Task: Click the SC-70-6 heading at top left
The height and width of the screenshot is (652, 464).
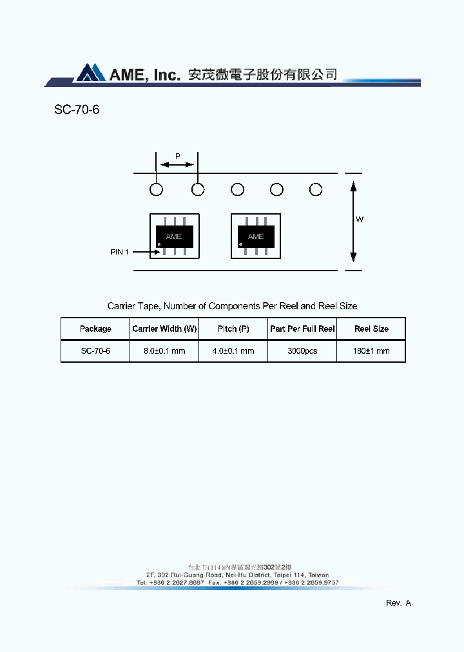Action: click(x=77, y=110)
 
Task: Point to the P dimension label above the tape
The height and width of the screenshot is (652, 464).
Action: click(x=178, y=157)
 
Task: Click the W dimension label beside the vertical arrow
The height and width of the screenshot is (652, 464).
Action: click(x=360, y=220)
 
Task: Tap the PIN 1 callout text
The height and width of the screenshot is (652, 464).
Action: click(x=119, y=252)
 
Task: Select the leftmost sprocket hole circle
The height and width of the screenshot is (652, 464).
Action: click(x=156, y=189)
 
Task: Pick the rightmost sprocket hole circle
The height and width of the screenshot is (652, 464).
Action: click(x=316, y=189)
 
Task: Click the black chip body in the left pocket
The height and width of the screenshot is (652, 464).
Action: click(x=173, y=236)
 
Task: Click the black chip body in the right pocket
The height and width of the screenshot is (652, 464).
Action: click(x=255, y=236)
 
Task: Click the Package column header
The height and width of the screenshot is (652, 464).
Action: click(x=95, y=329)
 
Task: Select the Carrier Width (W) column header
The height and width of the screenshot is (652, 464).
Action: click(x=164, y=329)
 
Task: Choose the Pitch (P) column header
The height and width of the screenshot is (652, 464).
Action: click(x=233, y=329)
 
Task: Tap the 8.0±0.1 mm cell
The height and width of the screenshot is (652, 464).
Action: click(x=164, y=351)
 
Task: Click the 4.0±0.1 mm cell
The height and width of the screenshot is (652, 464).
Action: click(x=233, y=351)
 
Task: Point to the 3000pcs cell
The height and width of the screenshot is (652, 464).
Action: click(x=302, y=351)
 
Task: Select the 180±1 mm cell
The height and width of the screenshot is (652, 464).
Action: click(x=372, y=351)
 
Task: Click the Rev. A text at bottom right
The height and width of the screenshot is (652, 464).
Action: click(x=398, y=603)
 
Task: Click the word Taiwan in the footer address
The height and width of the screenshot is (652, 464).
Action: click(x=318, y=575)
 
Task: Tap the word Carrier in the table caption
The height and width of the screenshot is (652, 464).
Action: click(x=121, y=306)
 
